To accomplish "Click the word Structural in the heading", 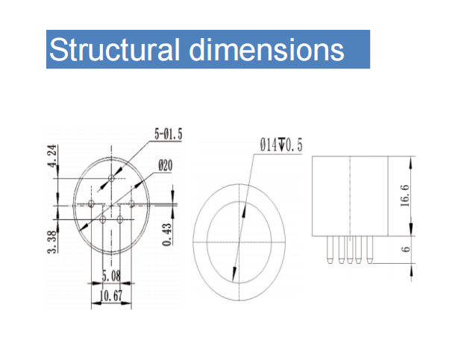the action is (114, 49).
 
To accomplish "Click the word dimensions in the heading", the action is (266, 49).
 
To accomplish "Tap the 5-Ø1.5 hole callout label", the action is (169, 134).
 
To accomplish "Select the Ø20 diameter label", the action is (166, 165).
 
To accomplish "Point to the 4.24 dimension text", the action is (52, 156).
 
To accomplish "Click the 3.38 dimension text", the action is (52, 242).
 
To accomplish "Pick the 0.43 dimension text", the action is (167, 234).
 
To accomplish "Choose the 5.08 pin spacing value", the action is (111, 276).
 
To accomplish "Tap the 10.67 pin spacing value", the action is (111, 296).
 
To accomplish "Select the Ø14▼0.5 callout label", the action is (281, 145).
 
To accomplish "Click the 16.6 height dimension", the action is (405, 195).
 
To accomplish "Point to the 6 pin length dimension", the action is (406, 249).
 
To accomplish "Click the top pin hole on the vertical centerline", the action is (111, 178).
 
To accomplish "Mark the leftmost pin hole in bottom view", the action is (91, 203).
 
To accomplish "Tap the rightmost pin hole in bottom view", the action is (131, 203).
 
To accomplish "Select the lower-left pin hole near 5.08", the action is (102, 219).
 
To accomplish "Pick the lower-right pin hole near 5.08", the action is (120, 219).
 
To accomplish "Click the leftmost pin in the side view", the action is (331, 250).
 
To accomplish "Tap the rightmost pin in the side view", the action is (369, 250).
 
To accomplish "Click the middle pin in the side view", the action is (350, 250).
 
